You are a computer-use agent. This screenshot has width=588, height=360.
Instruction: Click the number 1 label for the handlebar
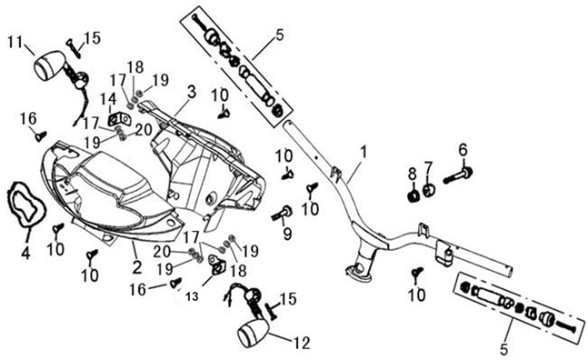[x=364, y=153]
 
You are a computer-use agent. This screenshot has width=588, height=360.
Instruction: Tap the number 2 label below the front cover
[x=137, y=267]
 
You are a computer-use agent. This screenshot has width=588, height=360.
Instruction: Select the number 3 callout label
[x=192, y=92]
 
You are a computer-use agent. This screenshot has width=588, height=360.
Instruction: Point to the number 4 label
[x=25, y=253]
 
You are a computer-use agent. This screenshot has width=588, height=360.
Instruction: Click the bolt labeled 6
[x=458, y=175]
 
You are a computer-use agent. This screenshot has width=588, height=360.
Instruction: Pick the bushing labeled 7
[x=429, y=190]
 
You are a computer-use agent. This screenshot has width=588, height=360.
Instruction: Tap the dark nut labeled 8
[x=414, y=196]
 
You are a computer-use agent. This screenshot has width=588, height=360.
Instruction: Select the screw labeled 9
[x=281, y=214]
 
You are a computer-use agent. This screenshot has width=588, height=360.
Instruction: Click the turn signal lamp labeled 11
[x=61, y=69]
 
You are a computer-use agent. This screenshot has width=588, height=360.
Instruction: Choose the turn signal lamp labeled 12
[x=253, y=330]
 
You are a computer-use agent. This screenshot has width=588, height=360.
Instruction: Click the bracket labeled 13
[x=215, y=264]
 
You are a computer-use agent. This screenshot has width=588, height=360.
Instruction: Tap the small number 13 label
[x=192, y=296]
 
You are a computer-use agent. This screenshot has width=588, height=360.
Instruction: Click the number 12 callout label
[x=303, y=343]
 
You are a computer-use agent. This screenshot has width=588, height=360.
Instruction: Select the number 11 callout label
[x=16, y=43]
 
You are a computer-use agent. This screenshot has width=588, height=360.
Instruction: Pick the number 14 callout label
[x=108, y=99]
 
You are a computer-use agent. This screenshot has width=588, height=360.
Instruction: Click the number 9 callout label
[x=287, y=234]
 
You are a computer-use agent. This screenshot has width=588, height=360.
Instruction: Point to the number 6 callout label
[x=463, y=150]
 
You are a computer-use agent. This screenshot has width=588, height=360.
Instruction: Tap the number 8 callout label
[x=412, y=174]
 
